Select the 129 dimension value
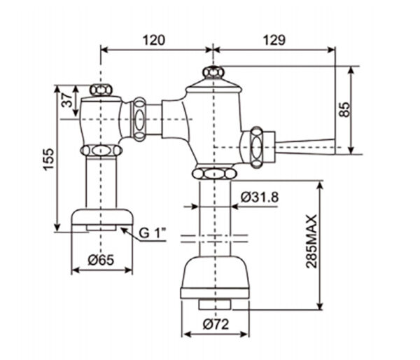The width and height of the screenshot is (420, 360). tap(274, 40)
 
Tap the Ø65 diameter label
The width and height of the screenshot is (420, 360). tap(101, 261)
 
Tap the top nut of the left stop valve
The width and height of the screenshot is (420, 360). tap(102, 90)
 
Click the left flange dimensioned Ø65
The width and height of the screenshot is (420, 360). tap(102, 218)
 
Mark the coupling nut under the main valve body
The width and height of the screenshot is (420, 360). tap(212, 174)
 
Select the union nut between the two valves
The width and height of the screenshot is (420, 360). tap(139, 118)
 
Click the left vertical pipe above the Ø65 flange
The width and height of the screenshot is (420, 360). tap(102, 182)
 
